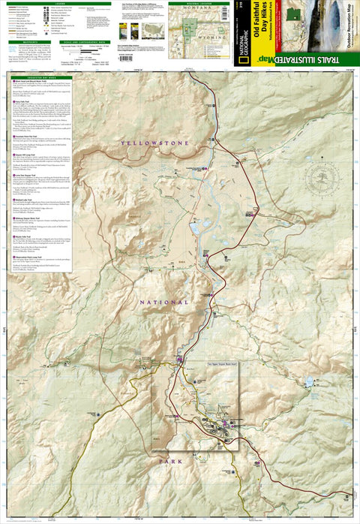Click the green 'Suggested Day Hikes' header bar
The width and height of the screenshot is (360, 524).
tap(41, 78)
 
